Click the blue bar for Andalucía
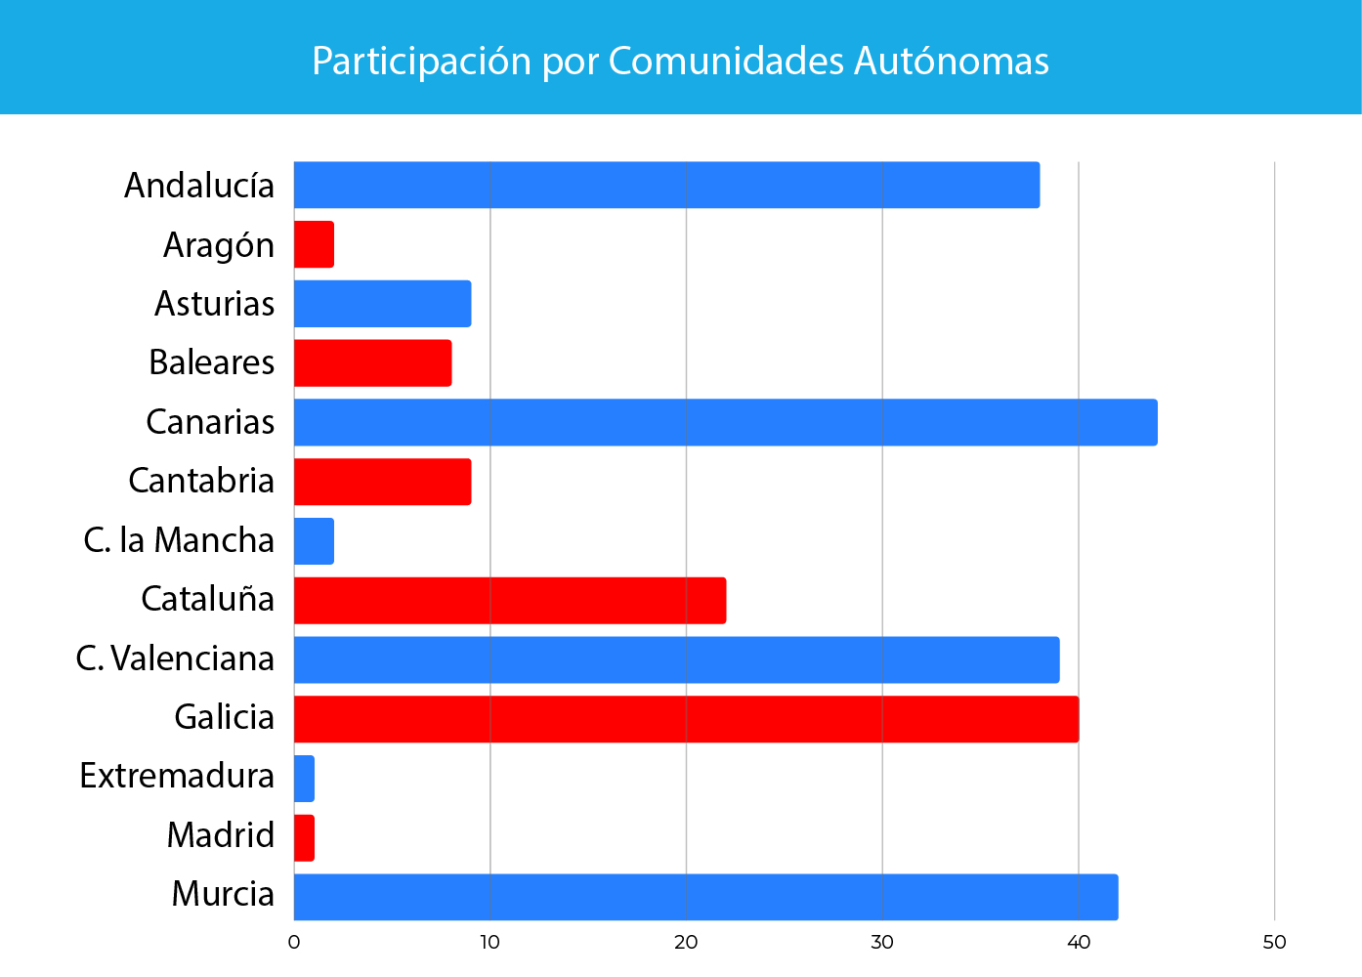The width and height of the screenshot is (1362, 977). [666, 185]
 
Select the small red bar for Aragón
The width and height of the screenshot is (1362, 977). [314, 244]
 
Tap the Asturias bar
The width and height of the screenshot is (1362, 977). [382, 304]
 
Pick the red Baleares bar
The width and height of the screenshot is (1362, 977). [372, 362]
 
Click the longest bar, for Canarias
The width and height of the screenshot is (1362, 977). [725, 422]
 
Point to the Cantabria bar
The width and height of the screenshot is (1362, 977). [382, 482]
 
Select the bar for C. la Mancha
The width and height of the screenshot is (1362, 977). [314, 541]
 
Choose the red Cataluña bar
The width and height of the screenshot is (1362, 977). [509, 600]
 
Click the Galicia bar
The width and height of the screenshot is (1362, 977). [686, 719]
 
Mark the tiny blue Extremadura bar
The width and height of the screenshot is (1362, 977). [304, 779]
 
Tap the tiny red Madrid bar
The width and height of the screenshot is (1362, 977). [304, 837]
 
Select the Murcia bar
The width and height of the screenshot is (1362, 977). [705, 897]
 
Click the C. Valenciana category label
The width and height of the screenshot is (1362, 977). [175, 658]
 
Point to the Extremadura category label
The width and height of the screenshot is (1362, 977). [177, 776]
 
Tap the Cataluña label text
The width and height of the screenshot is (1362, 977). [207, 599]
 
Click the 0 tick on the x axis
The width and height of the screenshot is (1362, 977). [294, 943]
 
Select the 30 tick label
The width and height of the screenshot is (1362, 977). [882, 943]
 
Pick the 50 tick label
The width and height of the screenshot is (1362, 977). [1274, 943]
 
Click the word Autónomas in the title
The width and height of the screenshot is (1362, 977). [952, 61]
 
